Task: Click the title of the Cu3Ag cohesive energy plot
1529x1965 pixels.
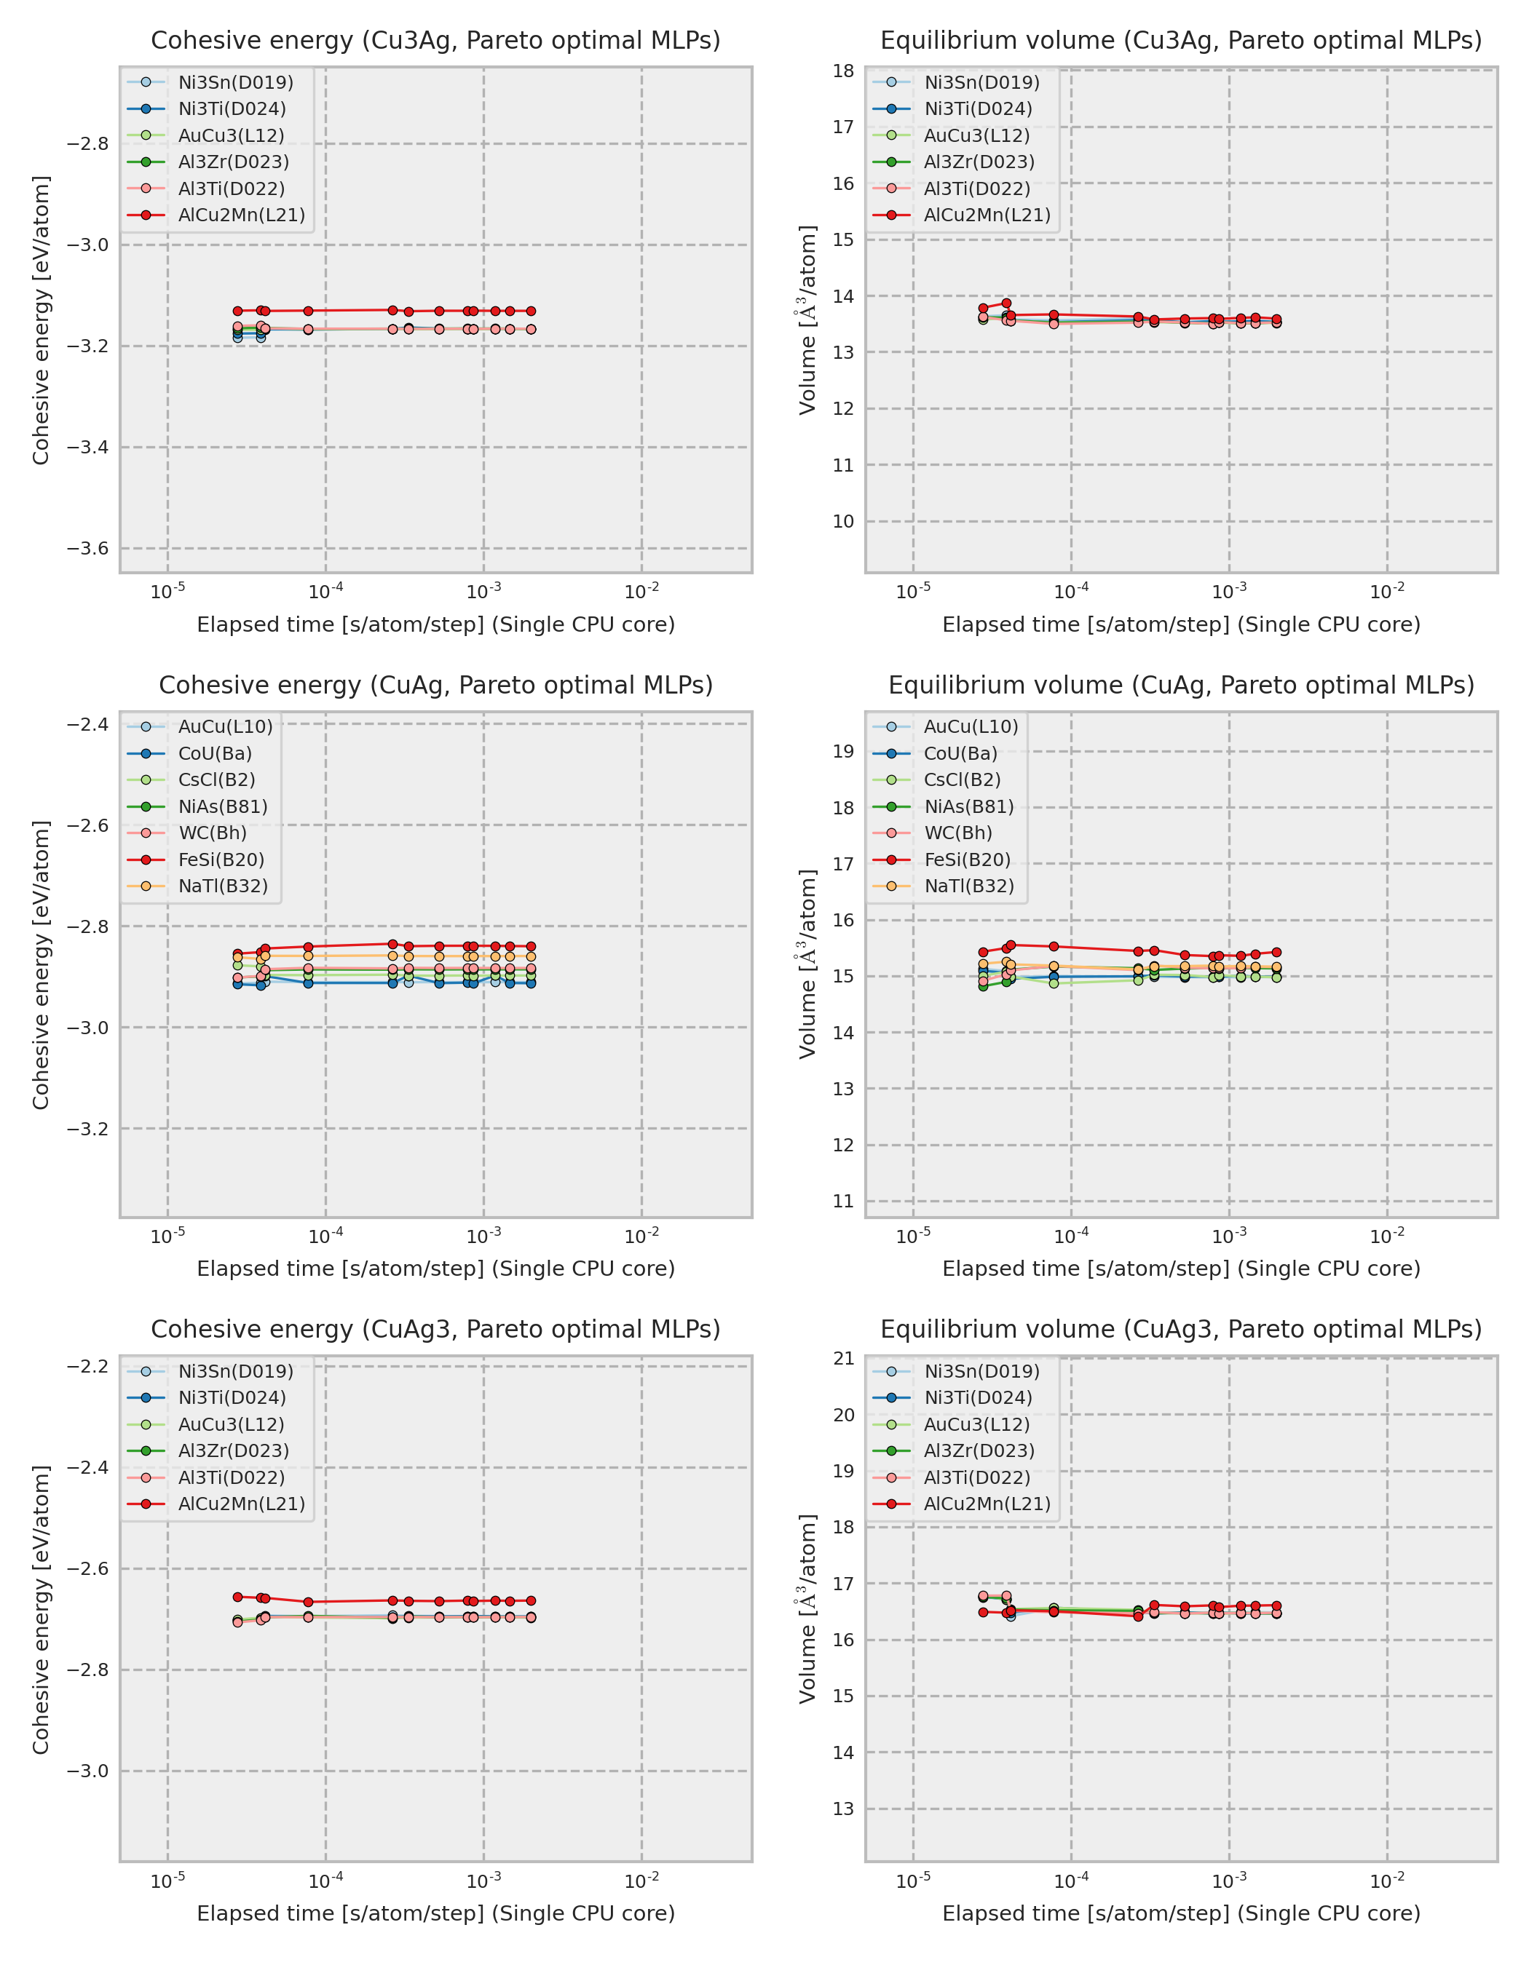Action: [435, 41]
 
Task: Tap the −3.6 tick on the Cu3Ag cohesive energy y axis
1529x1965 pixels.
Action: [87, 548]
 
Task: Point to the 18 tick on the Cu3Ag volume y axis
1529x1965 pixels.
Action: [843, 71]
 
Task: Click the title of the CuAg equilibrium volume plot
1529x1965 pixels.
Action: [1181, 685]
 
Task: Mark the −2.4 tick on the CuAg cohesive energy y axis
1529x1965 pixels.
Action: [87, 724]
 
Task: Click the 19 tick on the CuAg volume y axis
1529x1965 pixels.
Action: [843, 751]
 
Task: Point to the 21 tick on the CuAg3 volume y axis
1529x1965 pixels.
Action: [843, 1359]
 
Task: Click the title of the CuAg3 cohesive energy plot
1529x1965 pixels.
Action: [435, 1329]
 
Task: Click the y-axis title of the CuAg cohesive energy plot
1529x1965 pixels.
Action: [41, 964]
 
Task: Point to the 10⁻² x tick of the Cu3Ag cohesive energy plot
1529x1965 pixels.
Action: [641, 592]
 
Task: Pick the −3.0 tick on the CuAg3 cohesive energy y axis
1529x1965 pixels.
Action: [87, 1771]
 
